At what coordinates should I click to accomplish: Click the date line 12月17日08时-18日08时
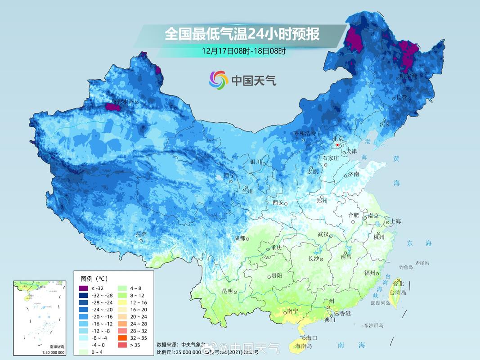point(243,51)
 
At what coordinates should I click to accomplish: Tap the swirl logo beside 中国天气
point(219,80)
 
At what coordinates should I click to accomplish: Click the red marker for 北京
point(338,145)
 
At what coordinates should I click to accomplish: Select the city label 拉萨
point(141,234)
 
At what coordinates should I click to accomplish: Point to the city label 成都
point(239,238)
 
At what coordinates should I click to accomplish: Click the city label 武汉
point(323,234)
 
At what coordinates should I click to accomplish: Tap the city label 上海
point(396,221)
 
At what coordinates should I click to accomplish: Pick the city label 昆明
point(228,291)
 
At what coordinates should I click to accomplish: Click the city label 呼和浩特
point(305,133)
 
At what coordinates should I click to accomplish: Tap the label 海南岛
point(304,346)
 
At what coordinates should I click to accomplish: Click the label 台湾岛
point(398,292)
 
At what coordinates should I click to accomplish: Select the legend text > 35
point(134,345)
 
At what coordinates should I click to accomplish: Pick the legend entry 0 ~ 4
point(98,352)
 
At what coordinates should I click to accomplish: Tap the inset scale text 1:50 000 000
point(40,352)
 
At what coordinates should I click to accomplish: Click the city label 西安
point(278,202)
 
